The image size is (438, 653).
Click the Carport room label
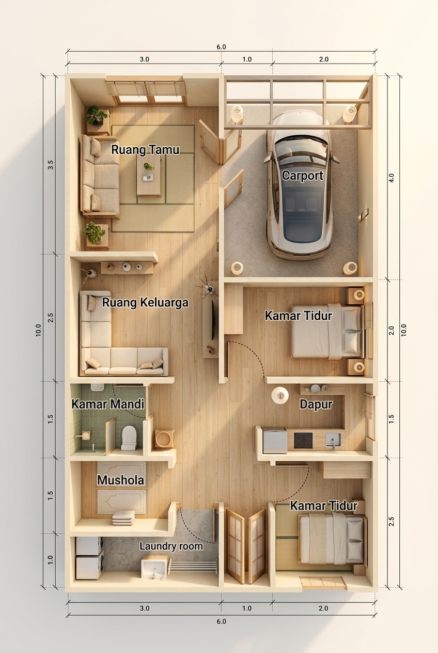point(303,176)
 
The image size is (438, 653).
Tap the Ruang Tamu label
point(145,149)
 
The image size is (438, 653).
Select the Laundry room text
point(171,546)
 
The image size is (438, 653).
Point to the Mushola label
point(120,480)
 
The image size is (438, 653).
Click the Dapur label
point(316,405)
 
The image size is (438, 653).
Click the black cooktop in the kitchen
point(303,441)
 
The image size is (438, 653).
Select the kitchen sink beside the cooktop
point(333,441)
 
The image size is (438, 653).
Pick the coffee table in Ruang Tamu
point(149,176)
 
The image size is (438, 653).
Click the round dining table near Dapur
point(280,395)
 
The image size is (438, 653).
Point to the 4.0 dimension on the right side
point(392,178)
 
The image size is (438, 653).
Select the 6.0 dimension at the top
point(221,47)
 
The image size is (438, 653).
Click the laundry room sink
point(154,567)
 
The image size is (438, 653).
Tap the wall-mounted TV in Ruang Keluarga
point(213,320)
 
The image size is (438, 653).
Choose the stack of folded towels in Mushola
point(124,518)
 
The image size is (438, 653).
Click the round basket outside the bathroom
point(164,438)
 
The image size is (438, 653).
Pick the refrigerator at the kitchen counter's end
point(275,440)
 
